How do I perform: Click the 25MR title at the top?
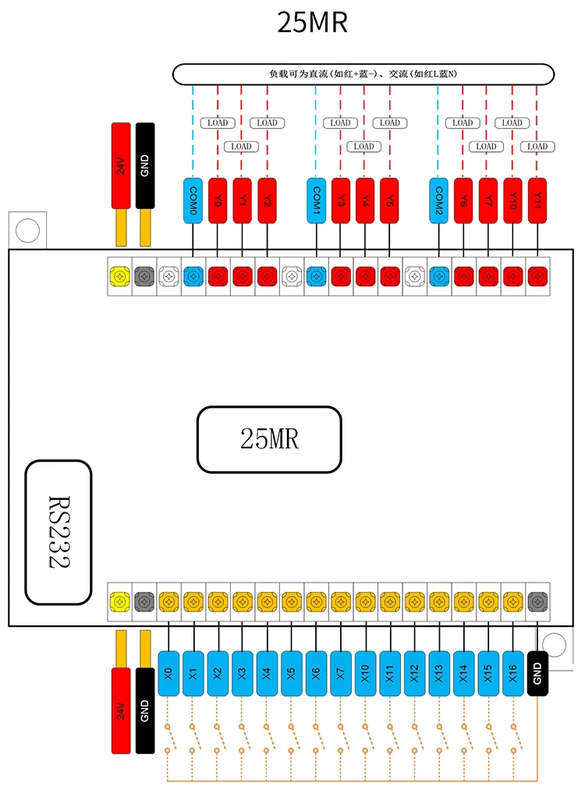(x=312, y=23)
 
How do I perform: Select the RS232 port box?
(x=58, y=533)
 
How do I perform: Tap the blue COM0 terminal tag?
(x=193, y=200)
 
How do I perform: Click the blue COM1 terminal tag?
(x=317, y=200)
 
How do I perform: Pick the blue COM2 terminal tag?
(x=439, y=200)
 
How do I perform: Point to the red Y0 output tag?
(x=218, y=200)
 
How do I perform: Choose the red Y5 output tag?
(x=390, y=200)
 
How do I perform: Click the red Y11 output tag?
(x=537, y=200)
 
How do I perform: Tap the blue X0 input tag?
(x=168, y=673)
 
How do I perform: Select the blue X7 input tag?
(x=341, y=673)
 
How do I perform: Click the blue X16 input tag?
(x=513, y=673)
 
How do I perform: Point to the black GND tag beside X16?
(x=537, y=673)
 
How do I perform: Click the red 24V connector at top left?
(x=121, y=165)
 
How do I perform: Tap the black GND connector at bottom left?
(x=145, y=710)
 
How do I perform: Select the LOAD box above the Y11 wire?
(x=537, y=147)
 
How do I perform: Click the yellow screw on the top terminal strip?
(x=119, y=276)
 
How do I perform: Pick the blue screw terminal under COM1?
(x=317, y=276)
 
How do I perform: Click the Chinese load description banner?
(x=363, y=74)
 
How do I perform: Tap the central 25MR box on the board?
(x=270, y=439)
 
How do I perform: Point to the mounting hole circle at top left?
(x=27, y=230)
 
